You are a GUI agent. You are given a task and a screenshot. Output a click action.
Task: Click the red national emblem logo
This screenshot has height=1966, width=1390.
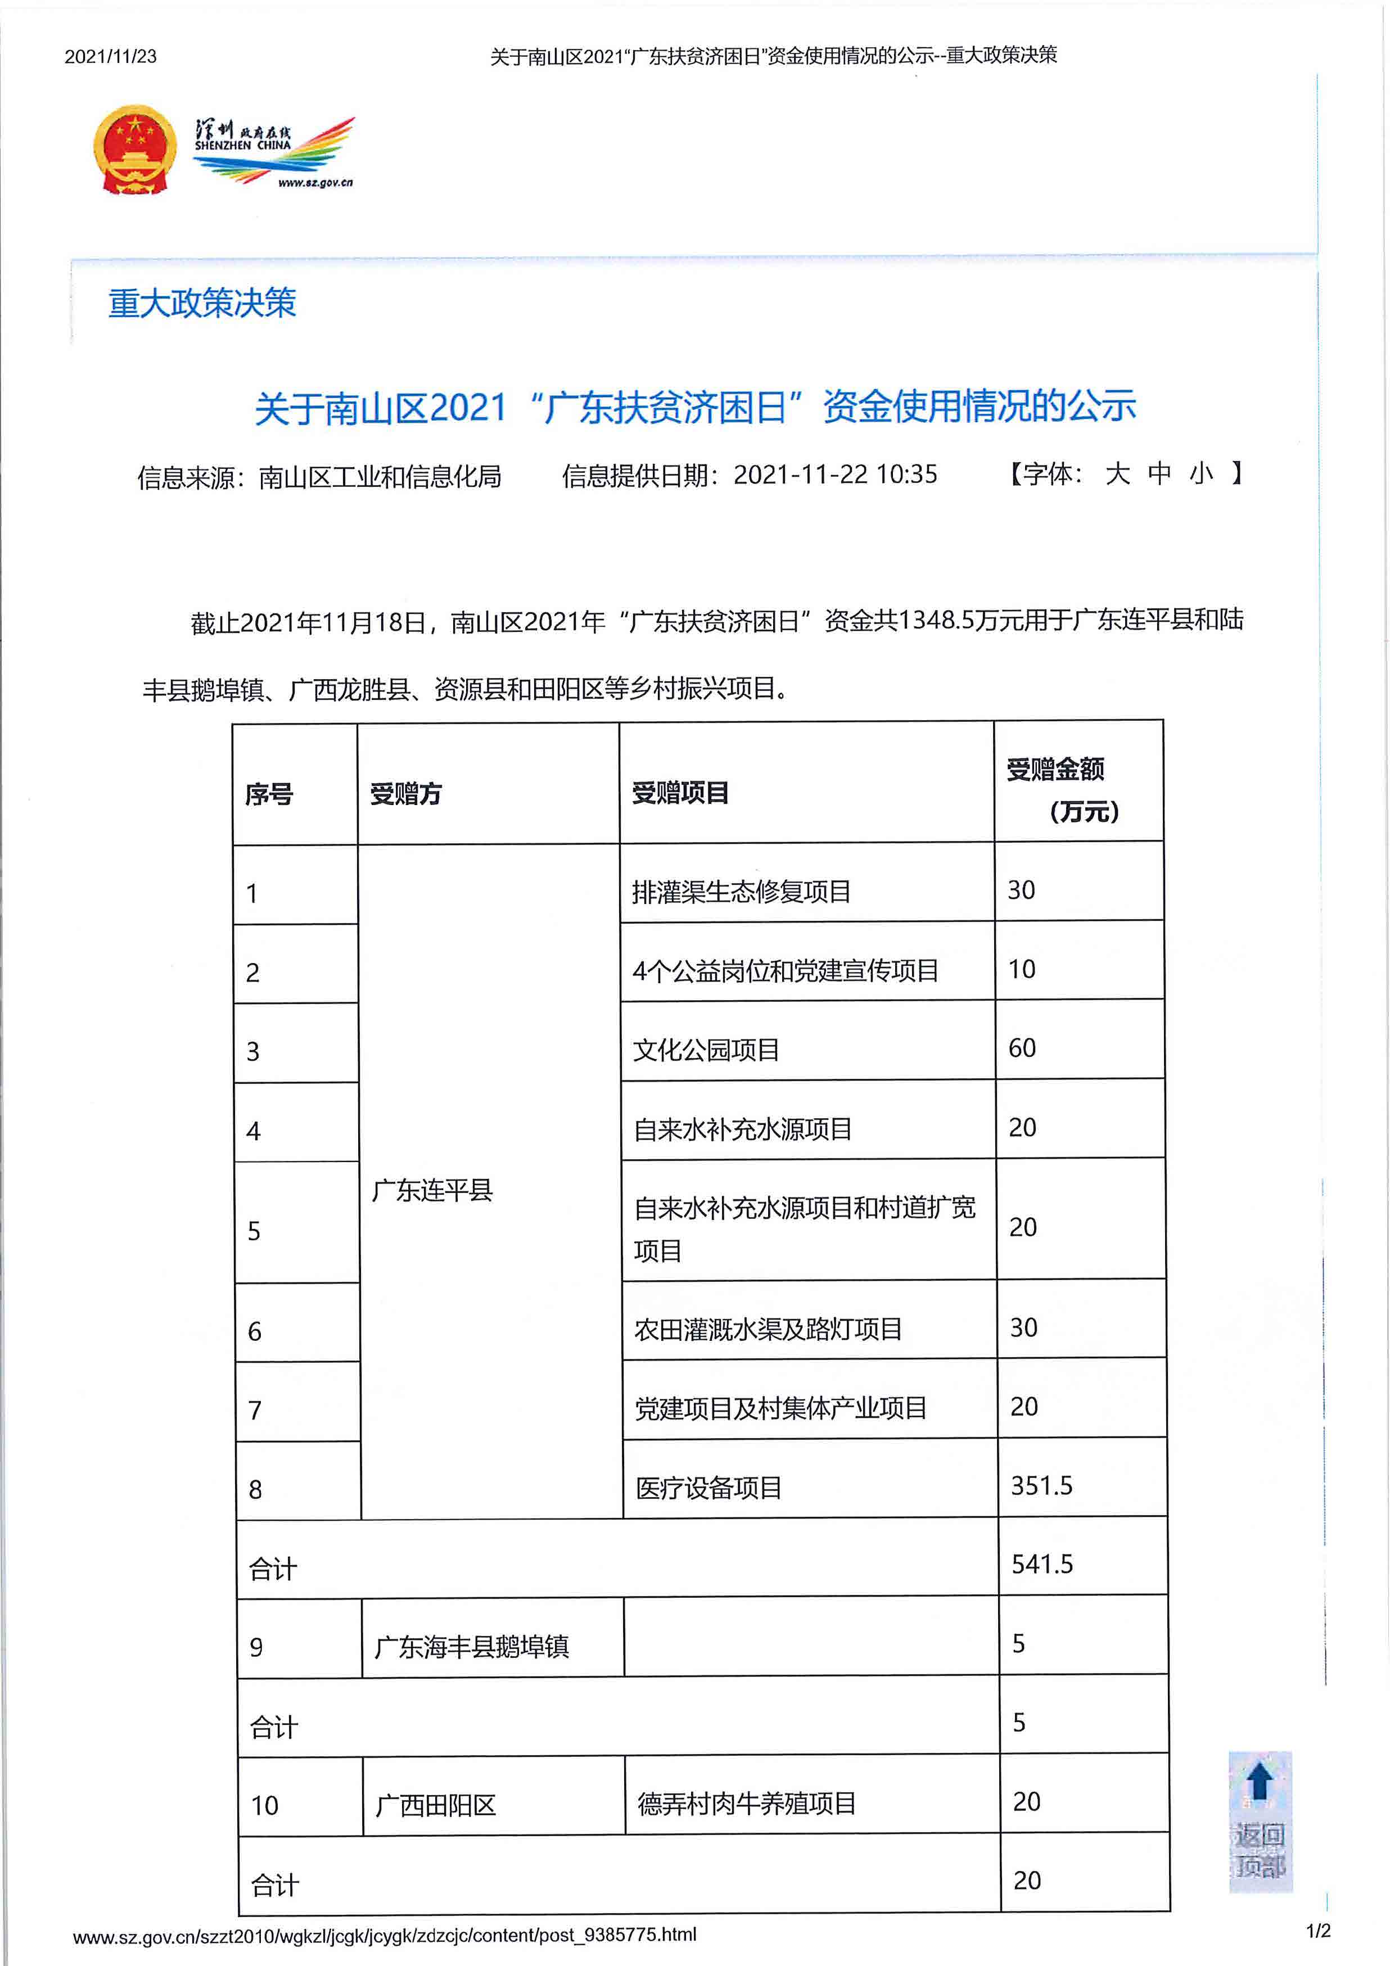click(134, 151)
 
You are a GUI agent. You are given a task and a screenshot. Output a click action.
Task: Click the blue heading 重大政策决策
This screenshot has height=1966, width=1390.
click(202, 303)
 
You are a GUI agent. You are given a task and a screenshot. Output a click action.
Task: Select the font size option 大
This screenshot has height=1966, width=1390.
click(1117, 473)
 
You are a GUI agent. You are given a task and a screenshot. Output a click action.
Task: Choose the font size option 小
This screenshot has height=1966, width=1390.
click(1202, 473)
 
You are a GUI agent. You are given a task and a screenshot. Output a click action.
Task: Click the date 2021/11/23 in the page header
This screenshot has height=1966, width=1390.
click(110, 57)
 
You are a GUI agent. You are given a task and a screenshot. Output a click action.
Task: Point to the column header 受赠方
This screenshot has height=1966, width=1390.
click(406, 794)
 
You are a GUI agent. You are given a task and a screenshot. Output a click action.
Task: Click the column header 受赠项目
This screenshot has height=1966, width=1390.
click(680, 792)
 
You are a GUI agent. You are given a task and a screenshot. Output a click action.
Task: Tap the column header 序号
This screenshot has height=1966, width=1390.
click(269, 794)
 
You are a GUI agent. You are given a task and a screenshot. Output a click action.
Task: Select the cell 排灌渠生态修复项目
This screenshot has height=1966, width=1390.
click(741, 892)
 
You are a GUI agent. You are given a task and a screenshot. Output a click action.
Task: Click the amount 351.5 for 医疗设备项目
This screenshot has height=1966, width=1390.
click(1041, 1486)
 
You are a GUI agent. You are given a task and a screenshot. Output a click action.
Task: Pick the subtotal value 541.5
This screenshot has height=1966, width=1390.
click(1041, 1565)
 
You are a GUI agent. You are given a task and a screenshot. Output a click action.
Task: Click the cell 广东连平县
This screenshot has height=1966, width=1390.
click(432, 1190)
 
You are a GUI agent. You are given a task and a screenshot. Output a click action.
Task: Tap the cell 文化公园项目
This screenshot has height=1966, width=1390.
click(706, 1050)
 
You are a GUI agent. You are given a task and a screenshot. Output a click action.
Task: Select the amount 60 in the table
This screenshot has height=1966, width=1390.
click(1022, 1048)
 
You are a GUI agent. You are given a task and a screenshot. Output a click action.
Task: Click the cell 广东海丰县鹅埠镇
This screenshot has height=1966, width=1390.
click(472, 1646)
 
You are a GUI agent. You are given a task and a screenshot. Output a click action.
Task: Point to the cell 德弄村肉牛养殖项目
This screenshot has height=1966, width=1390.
click(747, 1804)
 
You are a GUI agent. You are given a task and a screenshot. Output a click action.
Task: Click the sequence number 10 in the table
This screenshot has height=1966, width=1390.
click(265, 1806)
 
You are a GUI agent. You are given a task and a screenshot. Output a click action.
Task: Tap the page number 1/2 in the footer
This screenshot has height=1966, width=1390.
click(1318, 1931)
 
